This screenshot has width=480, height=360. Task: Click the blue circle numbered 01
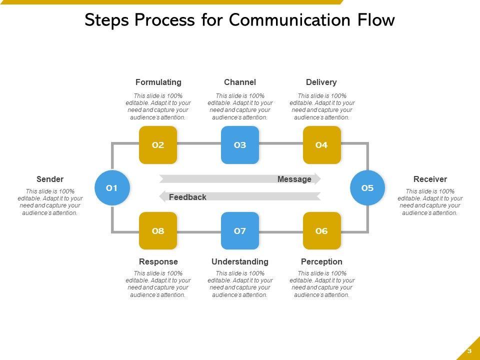coord(112,188)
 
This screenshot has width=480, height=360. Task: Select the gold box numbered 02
coord(158,145)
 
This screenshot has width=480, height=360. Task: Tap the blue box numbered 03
coord(240,145)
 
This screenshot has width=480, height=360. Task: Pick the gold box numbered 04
coord(321,145)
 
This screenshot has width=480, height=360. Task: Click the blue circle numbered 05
coord(367,188)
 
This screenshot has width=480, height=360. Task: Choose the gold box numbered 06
coord(321,231)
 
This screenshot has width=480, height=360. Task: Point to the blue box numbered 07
coord(240,231)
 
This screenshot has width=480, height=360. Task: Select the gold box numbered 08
coord(158,231)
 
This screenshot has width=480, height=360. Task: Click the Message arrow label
coord(294,179)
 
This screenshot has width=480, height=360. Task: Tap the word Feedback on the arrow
coord(187,197)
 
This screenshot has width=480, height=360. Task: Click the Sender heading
coord(50,179)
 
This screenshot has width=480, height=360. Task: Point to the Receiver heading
coord(430,179)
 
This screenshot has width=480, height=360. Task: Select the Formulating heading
coord(158,82)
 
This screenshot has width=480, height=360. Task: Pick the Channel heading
coord(240,82)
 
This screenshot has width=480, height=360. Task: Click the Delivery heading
coord(321,82)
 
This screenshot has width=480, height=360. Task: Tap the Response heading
coord(158,261)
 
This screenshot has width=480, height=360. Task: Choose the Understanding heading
coord(240,261)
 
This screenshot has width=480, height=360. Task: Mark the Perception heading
coord(321,261)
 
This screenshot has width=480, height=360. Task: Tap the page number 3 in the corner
coord(469,351)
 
